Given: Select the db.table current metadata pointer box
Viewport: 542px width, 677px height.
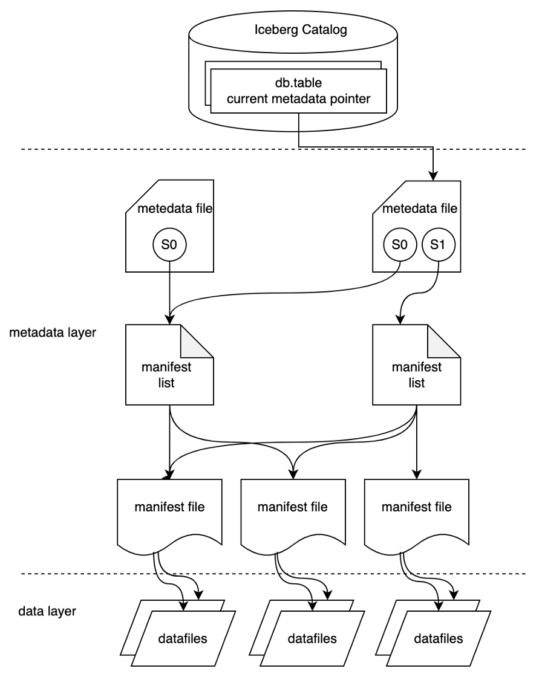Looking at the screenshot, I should (x=298, y=92).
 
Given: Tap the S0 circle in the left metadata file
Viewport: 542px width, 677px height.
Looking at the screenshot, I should (x=171, y=245).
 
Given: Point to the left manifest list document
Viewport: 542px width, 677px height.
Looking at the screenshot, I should (x=170, y=365).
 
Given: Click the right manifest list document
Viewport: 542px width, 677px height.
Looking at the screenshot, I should (x=416, y=365).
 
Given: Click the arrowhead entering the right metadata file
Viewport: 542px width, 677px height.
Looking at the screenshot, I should (x=434, y=175).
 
